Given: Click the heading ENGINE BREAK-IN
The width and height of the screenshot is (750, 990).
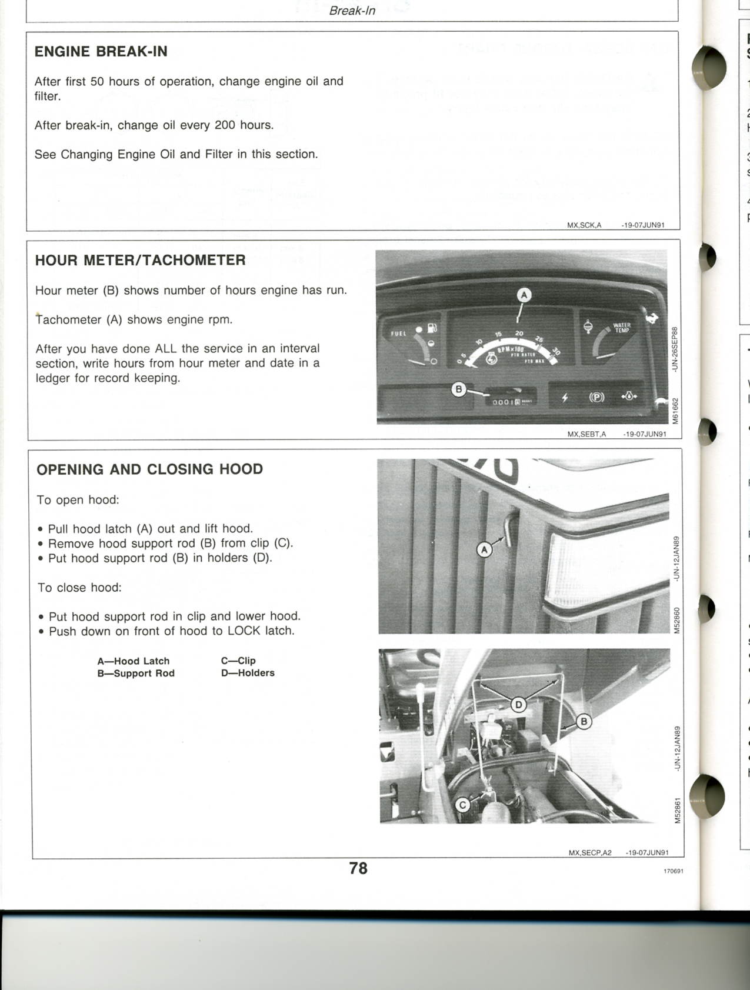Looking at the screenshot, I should (101, 52).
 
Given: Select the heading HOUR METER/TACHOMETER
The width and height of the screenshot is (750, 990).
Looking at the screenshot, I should (140, 261).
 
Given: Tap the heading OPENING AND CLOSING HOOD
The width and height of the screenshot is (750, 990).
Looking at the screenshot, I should (149, 469).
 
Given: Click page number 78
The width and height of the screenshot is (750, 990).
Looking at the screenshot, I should (358, 868).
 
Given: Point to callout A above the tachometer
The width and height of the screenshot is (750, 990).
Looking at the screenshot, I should (524, 295).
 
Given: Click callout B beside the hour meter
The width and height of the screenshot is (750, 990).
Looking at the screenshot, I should (458, 389).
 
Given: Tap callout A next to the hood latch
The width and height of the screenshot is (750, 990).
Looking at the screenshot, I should (484, 550).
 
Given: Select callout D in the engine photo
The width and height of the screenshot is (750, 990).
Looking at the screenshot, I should (518, 704).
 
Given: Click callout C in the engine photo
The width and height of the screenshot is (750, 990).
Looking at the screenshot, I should (463, 805).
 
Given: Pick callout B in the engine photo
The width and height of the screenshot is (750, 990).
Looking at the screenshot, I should (584, 721).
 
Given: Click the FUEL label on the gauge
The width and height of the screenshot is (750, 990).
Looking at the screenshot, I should (398, 334).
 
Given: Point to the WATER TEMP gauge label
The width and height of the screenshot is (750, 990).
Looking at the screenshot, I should (622, 328).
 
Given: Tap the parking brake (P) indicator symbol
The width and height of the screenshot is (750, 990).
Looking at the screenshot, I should (596, 397).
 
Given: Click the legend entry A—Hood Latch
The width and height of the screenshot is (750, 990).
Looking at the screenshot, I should (133, 661).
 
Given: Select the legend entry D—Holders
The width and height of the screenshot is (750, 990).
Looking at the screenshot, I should (248, 673).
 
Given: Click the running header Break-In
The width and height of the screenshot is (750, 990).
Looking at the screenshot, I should (352, 11).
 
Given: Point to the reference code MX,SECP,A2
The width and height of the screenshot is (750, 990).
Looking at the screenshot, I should (590, 852).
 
